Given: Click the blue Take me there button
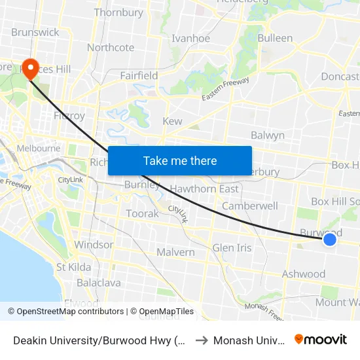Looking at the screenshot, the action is [180, 160].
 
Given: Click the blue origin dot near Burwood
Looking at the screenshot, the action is [330, 240].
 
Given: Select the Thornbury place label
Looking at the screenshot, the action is [118, 12].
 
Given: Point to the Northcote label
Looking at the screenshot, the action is [111, 47].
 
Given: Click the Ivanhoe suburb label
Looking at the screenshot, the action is [190, 39].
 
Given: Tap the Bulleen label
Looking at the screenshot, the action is [275, 38].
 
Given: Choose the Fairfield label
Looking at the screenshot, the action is [139, 75].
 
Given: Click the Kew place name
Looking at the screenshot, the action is [172, 121].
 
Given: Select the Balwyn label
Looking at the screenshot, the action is [268, 135].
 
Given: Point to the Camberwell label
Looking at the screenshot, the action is [250, 206].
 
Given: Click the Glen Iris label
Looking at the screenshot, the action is [232, 248].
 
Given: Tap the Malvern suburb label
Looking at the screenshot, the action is [175, 252].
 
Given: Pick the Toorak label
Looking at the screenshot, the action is [142, 213].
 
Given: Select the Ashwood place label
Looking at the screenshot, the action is [304, 274].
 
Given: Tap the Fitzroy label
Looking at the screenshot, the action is [69, 116].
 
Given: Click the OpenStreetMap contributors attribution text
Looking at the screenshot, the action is [70, 312].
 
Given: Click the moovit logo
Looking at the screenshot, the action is [321, 339].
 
